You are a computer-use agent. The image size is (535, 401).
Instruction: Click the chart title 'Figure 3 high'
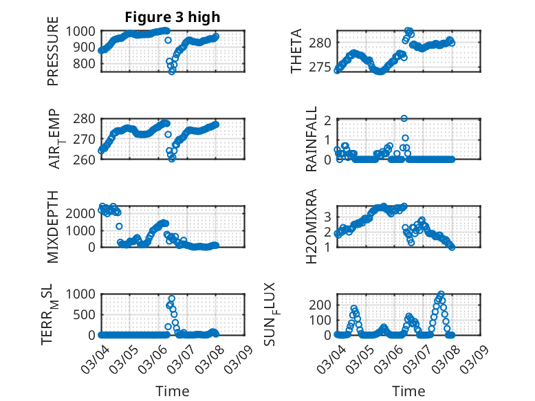(x=173, y=17)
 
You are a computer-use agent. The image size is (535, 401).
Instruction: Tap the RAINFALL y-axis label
(x=312, y=139)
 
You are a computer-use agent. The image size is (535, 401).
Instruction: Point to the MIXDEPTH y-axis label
(x=54, y=226)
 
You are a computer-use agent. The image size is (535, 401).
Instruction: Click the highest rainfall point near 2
(x=404, y=118)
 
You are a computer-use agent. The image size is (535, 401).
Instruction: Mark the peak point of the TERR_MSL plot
(x=171, y=299)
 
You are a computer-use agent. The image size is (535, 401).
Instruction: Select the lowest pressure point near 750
(x=172, y=71)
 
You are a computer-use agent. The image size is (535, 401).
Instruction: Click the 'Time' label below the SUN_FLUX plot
(x=408, y=391)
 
